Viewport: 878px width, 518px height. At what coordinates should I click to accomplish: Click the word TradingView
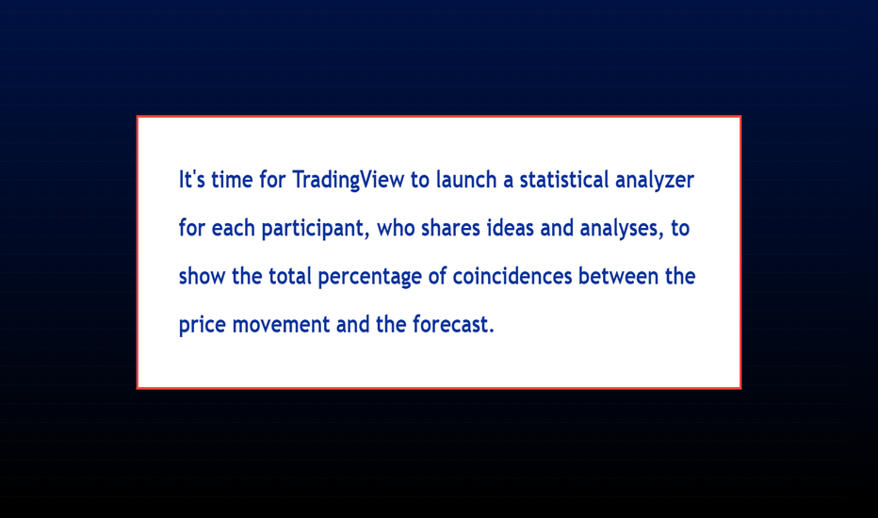tap(349, 180)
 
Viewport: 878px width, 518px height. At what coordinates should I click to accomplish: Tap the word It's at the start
tap(192, 179)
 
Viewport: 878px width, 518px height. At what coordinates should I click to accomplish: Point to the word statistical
tap(564, 179)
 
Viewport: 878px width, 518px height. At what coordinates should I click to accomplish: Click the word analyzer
tap(655, 181)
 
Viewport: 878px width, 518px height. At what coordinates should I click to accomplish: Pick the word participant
tap(316, 229)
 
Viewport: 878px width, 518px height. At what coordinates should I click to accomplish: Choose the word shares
tap(450, 228)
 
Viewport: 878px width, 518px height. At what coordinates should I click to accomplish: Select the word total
tap(289, 276)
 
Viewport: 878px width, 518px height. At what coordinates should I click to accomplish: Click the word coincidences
tap(512, 276)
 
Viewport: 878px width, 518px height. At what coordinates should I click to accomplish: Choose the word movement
tap(281, 325)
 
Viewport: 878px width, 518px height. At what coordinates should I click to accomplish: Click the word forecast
tap(450, 324)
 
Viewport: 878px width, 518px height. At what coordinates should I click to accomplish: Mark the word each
tap(233, 228)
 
